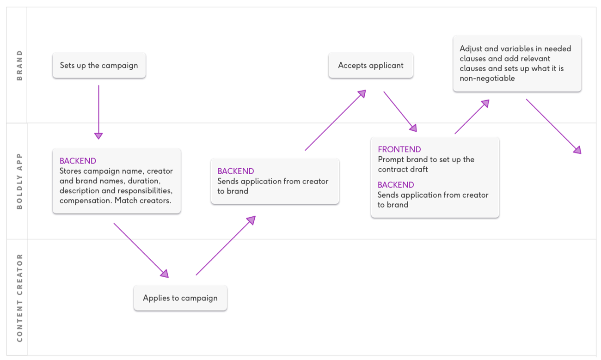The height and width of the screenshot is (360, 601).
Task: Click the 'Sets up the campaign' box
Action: [x=99, y=65]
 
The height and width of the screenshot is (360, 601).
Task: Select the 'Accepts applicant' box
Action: [x=371, y=65]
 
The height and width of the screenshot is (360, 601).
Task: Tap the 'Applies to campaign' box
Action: [x=180, y=298]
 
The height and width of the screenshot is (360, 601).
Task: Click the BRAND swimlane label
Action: [x=19, y=65]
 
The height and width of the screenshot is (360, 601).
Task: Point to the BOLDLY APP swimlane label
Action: [x=19, y=181]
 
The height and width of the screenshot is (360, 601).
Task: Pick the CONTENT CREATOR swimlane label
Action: [x=19, y=298]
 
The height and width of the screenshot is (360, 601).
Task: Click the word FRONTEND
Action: [x=399, y=149]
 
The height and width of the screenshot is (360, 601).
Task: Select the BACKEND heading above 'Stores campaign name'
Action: [x=78, y=161]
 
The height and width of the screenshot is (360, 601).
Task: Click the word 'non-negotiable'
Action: [x=487, y=78]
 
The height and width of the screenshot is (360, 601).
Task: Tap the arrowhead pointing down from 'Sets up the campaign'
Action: [x=98, y=136]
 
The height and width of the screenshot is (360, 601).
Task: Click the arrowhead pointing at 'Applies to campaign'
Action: [x=165, y=274]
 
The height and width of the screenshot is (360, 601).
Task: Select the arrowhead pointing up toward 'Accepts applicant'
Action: [x=362, y=94]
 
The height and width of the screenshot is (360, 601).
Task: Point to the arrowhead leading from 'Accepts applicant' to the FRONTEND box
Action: [x=413, y=128]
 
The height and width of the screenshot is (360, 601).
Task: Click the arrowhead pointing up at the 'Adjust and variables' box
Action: [x=485, y=103]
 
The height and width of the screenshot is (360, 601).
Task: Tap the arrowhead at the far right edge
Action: [x=577, y=150]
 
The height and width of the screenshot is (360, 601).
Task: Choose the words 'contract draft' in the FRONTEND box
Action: [x=403, y=169]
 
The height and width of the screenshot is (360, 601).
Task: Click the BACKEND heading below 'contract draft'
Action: [x=396, y=184]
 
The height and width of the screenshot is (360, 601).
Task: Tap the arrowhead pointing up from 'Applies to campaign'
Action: [x=251, y=220]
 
